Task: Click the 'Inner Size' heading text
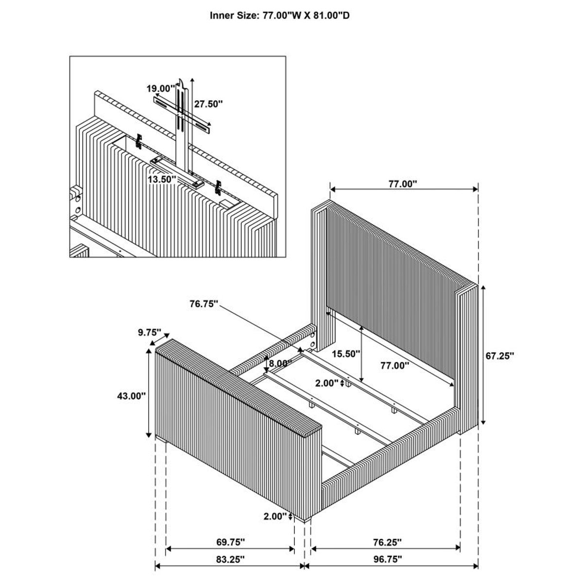coord(280,16)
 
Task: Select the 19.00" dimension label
coord(160,88)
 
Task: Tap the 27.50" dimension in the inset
coord(208,103)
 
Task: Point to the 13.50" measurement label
coord(161,179)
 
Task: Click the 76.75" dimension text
coord(204,304)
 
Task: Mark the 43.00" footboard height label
coord(131,396)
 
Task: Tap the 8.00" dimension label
coord(280,363)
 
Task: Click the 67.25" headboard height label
coord(499,356)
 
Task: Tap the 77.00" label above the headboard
coord(403,184)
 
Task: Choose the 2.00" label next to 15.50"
coord(326,383)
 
